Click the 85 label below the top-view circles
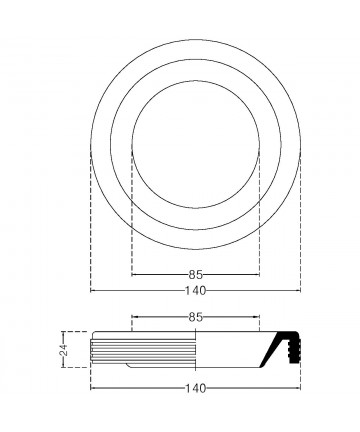(196, 275)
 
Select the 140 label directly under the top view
(196, 291)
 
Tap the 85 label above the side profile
(196, 317)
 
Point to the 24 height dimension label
(64, 350)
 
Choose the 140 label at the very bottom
(196, 388)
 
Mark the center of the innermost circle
(196, 144)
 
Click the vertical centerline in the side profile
(195, 349)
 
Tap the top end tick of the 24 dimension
(63, 332)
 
